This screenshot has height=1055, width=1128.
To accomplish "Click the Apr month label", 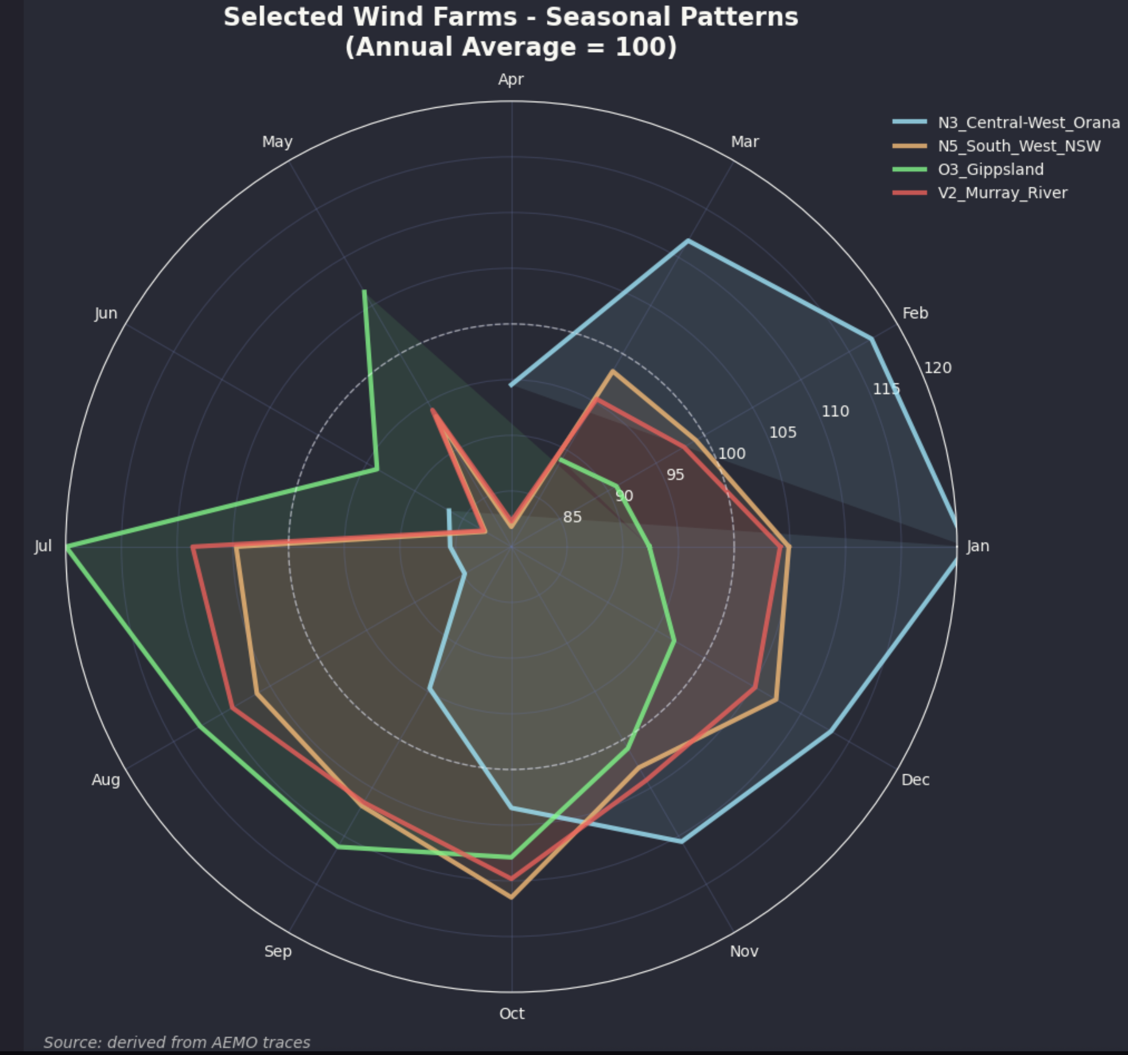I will point(511,79).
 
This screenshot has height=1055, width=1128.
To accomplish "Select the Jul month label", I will point(43,546).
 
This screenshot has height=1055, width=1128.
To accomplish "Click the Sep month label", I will point(278,951).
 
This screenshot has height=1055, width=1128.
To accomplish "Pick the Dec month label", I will point(915,780).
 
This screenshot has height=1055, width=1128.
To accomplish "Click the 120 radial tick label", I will point(937,368).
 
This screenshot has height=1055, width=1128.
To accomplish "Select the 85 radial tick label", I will point(572,517).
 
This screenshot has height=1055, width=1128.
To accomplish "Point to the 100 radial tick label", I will point(732,454).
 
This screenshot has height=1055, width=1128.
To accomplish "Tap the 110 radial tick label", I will point(835,411).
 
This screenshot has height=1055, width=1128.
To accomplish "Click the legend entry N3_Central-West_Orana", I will point(1028,123).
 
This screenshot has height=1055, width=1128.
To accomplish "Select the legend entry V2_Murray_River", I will point(1002,193).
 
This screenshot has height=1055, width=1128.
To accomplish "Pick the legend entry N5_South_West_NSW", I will point(1018,146).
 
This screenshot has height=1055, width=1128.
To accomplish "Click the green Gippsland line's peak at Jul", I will point(67,546).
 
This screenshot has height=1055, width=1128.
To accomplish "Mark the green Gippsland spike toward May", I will point(364,291).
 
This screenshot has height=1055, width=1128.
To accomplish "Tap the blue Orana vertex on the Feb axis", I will point(871,339).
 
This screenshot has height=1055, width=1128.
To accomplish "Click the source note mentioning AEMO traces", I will point(177,1042).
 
